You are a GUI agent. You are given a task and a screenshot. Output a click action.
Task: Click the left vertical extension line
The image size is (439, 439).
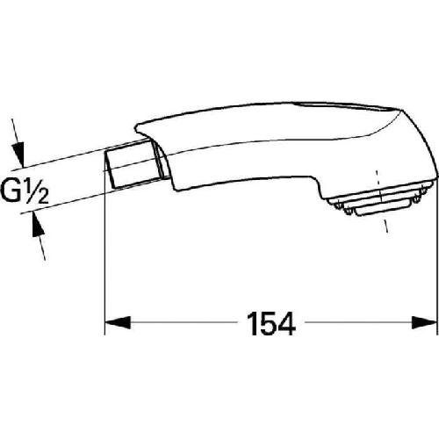tap(105, 263)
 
